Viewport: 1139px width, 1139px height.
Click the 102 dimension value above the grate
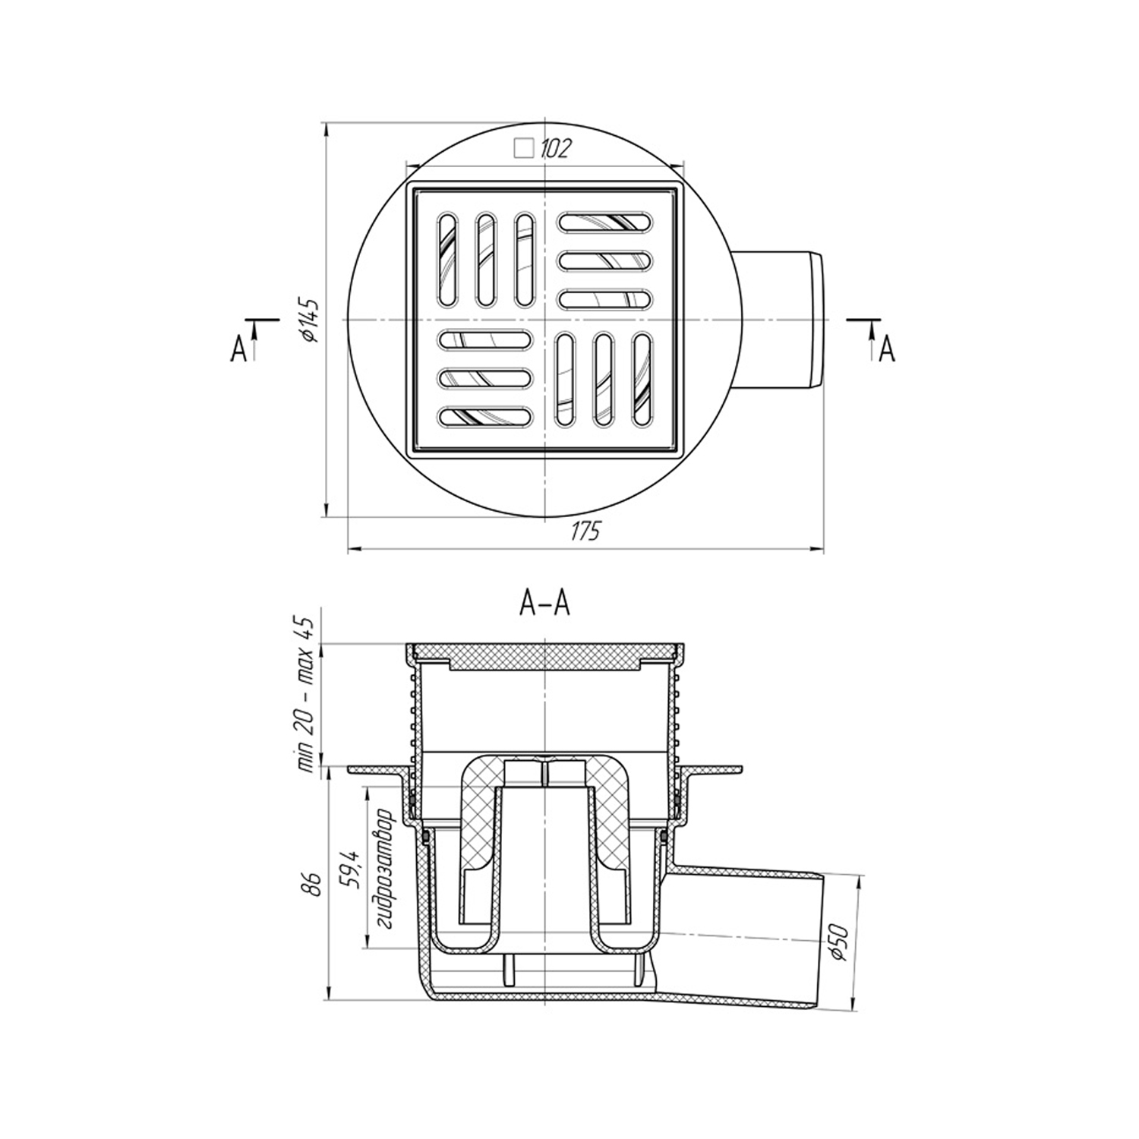[x=555, y=149]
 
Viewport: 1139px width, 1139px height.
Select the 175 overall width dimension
[x=585, y=532]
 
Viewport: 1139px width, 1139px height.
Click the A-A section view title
[x=544, y=604]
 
